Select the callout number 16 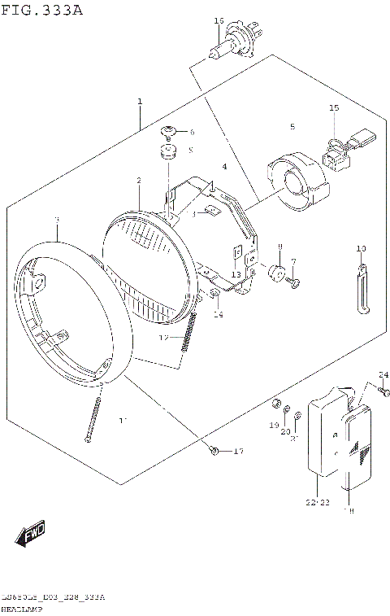219,20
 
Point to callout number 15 333,108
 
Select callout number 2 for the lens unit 139,180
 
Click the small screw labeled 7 297,281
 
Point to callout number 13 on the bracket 235,274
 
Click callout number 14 218,314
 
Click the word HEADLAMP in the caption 24,608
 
